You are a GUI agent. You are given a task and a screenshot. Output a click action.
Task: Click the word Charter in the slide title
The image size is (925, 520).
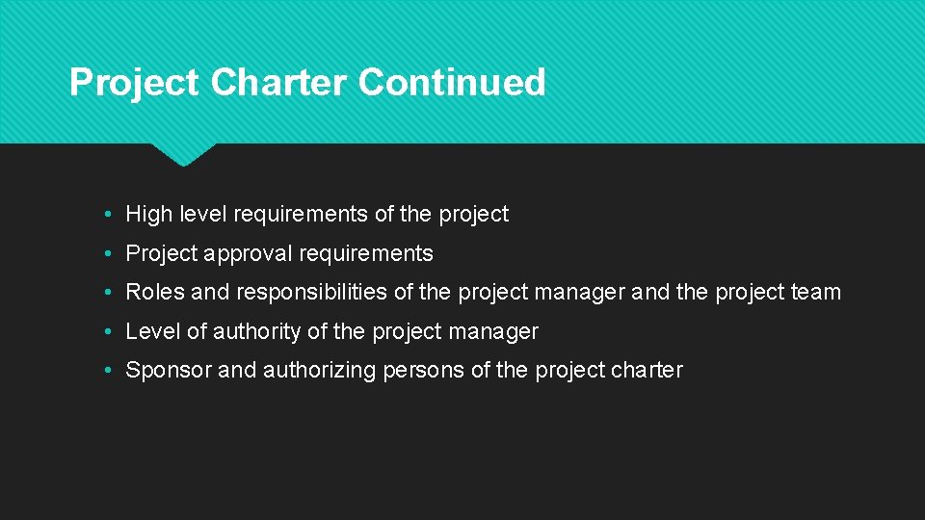[279, 83]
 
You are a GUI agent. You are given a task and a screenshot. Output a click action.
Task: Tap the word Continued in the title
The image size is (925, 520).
[452, 83]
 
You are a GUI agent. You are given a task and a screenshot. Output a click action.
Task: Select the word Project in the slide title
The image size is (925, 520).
[135, 83]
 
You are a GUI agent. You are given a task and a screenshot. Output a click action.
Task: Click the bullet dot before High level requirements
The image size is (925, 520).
[112, 215]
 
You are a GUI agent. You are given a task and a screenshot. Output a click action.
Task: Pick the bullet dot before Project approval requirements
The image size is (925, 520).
[112, 254]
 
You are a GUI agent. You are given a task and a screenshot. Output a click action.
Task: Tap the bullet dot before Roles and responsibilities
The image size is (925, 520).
[112, 293]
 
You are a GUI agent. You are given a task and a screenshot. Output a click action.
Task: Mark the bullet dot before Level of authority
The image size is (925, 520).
[112, 332]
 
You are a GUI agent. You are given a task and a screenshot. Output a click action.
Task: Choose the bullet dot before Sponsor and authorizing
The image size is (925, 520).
[112, 371]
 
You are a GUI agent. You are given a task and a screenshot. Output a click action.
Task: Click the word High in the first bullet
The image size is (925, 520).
[147, 215]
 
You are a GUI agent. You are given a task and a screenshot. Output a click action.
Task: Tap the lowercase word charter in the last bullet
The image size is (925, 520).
[647, 371]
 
